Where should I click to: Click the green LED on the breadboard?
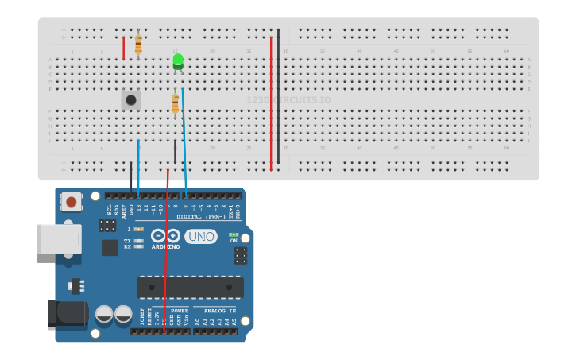coord(178,61)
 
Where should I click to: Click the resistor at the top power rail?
coord(138,44)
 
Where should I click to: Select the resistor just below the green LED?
coord(176,103)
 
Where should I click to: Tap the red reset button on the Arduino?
coord(72,202)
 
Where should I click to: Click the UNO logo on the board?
coord(201,236)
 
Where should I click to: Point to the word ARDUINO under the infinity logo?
coord(165,247)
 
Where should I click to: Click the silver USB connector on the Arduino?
coord(59,238)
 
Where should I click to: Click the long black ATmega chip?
coord(190,286)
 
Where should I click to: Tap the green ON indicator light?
coord(233,234)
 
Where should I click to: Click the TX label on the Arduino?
coord(127,240)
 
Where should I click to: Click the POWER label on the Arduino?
coord(180,311)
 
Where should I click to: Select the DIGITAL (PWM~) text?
coord(200,216)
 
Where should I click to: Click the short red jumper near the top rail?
coord(123,48)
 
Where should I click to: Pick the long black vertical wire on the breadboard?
coord(278,95)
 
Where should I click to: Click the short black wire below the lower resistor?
coord(176,150)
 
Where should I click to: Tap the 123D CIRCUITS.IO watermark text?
coord(288,100)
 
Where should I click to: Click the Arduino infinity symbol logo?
coord(165,236)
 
